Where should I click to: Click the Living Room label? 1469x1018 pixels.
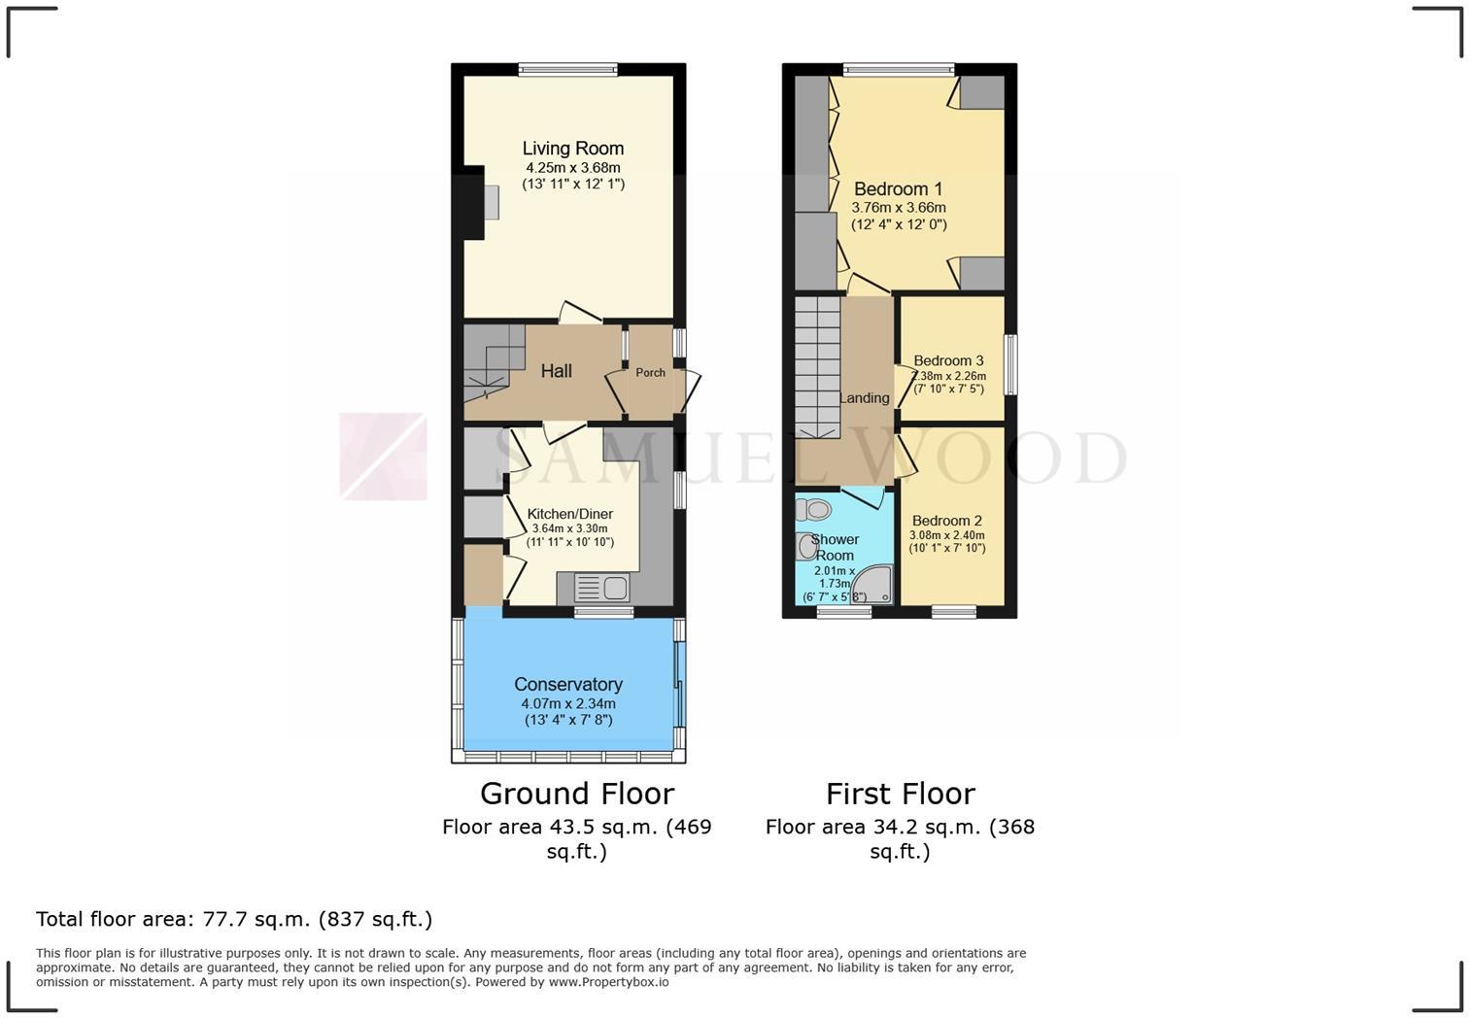pyautogui.click(x=572, y=149)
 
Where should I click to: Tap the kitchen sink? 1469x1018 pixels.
pyautogui.click(x=602, y=588)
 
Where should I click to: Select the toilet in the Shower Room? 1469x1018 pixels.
pyautogui.click(x=813, y=509)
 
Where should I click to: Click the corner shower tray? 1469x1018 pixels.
pyautogui.click(x=871, y=585)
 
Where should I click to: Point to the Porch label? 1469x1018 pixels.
pyautogui.click(x=650, y=372)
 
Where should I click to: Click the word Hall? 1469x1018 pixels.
pyautogui.click(x=556, y=371)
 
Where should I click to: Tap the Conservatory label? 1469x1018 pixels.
pyautogui.click(x=568, y=685)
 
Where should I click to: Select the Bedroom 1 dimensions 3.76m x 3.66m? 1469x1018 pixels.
pyautogui.click(x=899, y=208)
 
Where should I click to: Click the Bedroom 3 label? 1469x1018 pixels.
pyautogui.click(x=948, y=360)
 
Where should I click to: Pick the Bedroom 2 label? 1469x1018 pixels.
pyautogui.click(x=947, y=521)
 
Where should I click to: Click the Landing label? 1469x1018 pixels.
pyautogui.click(x=865, y=398)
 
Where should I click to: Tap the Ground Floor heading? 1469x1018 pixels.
pyautogui.click(x=577, y=794)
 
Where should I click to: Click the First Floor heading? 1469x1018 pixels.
pyautogui.click(x=901, y=794)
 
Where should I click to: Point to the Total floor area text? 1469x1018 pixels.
pyautogui.click(x=234, y=920)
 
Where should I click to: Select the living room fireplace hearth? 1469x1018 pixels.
pyautogui.click(x=492, y=202)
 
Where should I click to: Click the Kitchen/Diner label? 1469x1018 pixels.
pyautogui.click(x=570, y=514)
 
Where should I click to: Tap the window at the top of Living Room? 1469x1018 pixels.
pyautogui.click(x=568, y=69)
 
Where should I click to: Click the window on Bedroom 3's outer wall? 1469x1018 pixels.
pyautogui.click(x=1011, y=364)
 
